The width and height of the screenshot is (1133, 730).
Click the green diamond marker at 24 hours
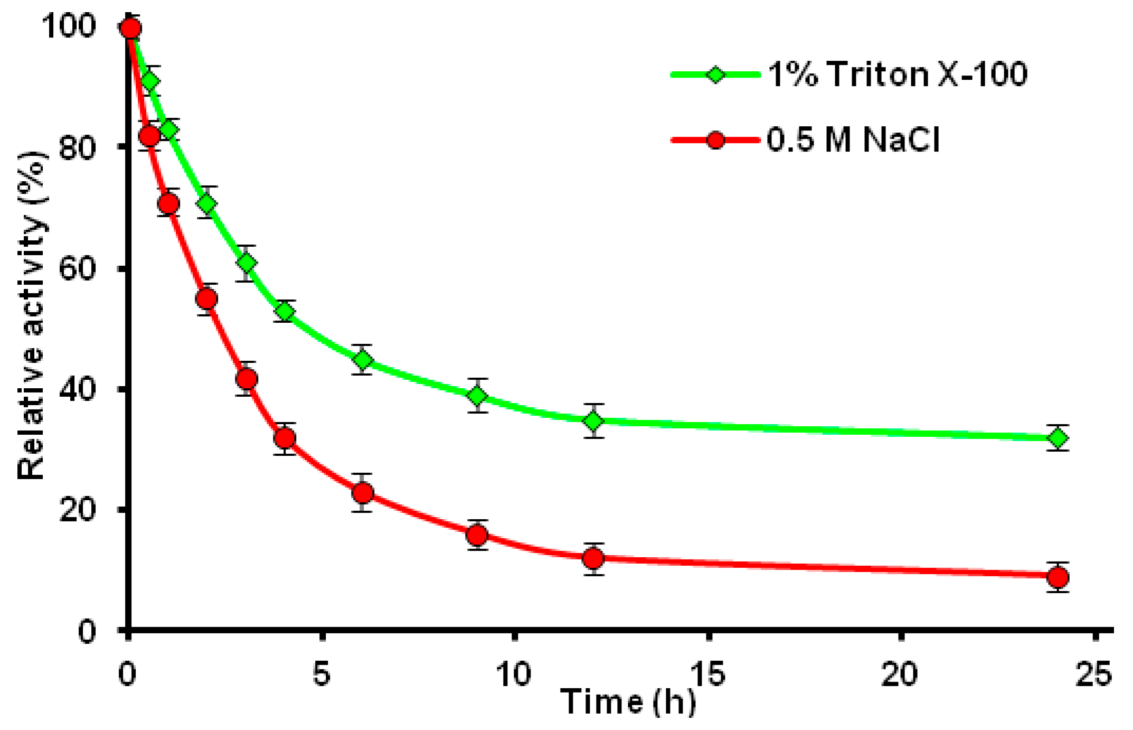pos(1058,438)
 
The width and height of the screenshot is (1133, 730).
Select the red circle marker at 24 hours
pos(1058,577)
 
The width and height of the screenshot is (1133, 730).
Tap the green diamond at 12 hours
pos(594,421)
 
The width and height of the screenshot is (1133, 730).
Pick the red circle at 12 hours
pos(593,558)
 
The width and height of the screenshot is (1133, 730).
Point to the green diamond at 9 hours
pos(477,396)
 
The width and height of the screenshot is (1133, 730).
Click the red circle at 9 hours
pos(477,535)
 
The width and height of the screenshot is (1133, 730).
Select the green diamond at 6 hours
pos(363,360)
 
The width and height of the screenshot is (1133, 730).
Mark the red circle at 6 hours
pos(363,493)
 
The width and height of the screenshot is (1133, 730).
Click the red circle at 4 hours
pos(285,438)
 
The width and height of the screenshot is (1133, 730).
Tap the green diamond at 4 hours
pos(285,312)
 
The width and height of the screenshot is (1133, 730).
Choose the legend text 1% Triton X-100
pos(897,74)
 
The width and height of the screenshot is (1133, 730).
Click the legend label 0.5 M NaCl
pos(853,140)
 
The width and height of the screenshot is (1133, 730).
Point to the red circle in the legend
pos(715,140)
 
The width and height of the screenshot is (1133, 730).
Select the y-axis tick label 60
pos(77,268)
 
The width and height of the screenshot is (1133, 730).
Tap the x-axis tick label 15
pos(708,675)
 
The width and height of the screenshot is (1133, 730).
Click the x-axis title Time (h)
pos(628,702)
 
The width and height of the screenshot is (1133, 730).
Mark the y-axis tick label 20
pos(77,510)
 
